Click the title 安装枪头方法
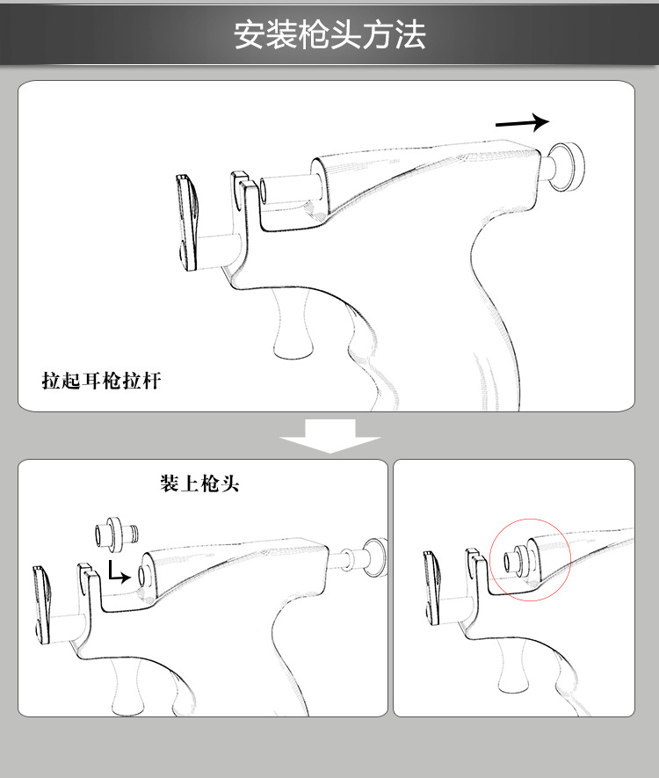click(329, 35)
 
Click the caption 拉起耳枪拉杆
click(102, 381)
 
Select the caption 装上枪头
click(199, 484)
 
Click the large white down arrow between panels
click(329, 435)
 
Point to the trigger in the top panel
click(293, 325)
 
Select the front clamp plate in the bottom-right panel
click(431, 585)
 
